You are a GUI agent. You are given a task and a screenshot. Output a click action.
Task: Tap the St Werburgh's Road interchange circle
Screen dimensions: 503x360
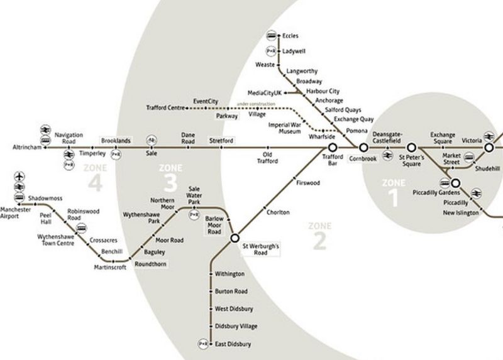[235, 238]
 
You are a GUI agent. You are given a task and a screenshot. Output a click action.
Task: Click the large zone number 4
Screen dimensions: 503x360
[95, 183]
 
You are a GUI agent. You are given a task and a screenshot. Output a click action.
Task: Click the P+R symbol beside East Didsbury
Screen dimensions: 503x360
[202, 344]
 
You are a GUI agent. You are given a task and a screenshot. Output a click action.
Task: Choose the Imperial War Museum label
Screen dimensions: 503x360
[285, 128]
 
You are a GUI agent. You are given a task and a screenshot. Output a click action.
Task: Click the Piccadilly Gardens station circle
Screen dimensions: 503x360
[455, 183]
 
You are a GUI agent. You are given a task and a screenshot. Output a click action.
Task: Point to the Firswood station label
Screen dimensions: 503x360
[307, 183]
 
